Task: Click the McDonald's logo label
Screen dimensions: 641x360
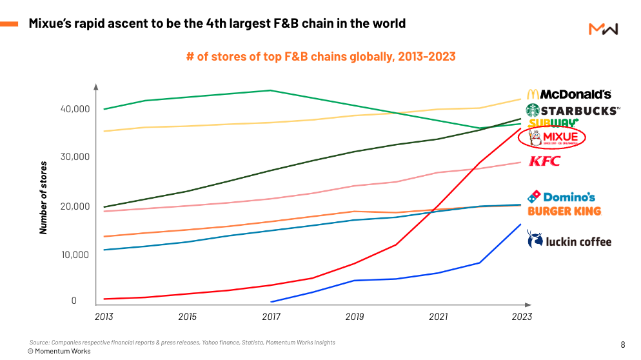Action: [x=569, y=94]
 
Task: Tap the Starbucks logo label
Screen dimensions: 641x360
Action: [x=573, y=110]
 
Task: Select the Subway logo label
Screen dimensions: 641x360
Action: [x=553, y=123]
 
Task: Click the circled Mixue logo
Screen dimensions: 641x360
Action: [x=552, y=137]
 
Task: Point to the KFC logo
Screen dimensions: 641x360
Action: [x=544, y=161]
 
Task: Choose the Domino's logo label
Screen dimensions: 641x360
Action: [x=561, y=197]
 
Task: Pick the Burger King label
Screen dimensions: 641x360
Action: [x=564, y=211]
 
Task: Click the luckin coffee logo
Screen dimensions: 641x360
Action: [x=569, y=239]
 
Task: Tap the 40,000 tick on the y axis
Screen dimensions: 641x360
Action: [x=75, y=109]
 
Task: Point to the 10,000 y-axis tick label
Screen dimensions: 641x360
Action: [x=75, y=255]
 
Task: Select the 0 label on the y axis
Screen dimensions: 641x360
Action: [x=74, y=301]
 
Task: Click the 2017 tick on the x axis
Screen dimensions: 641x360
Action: [x=271, y=317]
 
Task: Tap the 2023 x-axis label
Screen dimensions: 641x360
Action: [x=522, y=317]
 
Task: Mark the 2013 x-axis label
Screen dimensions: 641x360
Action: [x=104, y=317]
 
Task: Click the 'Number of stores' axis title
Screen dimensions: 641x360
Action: [x=43, y=197]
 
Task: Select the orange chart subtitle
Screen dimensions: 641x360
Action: [x=321, y=57]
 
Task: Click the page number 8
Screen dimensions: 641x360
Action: [x=622, y=345]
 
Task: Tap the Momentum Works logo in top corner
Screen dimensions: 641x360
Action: [x=604, y=29]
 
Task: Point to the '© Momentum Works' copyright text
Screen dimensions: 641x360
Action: [x=59, y=351]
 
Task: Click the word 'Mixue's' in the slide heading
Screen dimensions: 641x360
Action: [x=50, y=23]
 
